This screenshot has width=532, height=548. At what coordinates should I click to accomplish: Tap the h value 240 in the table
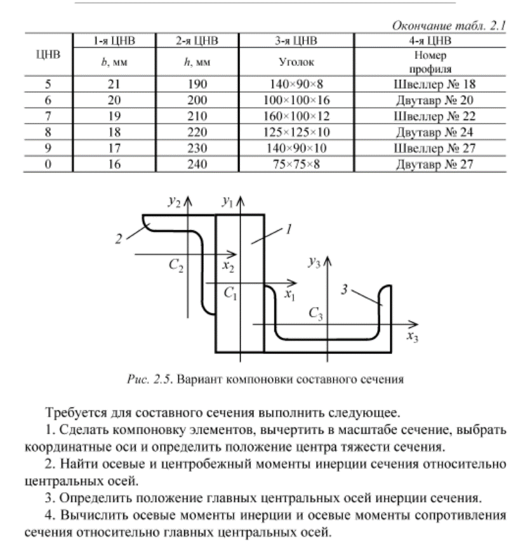(x=197, y=165)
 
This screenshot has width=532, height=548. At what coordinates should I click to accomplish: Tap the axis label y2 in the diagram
(x=175, y=202)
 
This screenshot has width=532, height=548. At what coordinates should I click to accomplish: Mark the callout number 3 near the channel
(x=346, y=289)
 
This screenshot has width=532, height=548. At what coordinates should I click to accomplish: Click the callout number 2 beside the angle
(x=119, y=238)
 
